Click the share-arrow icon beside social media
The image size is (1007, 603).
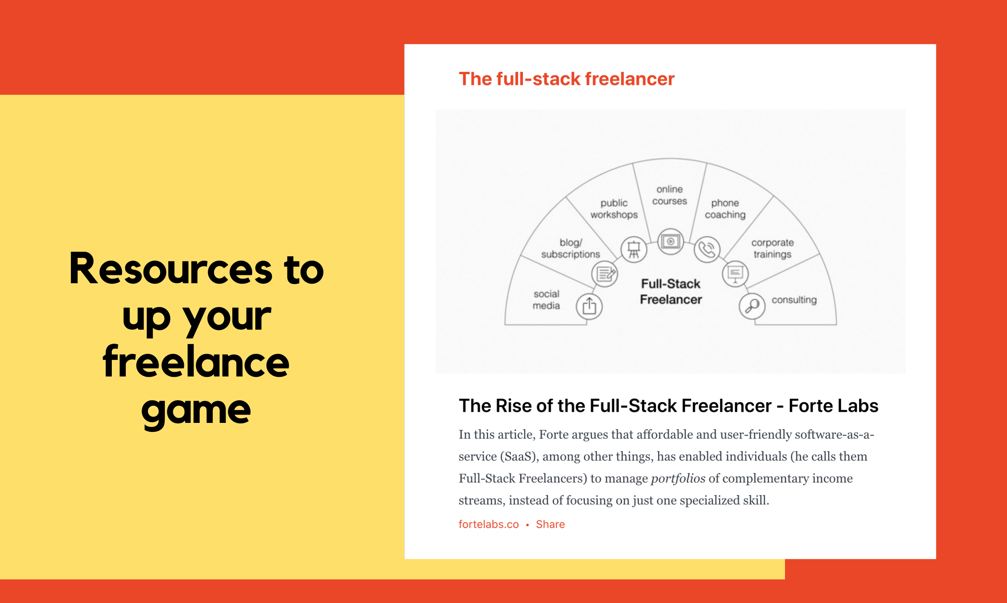coord(589,306)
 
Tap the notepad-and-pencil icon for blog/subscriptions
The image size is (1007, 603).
coord(605,274)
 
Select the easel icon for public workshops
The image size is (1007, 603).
coord(634,249)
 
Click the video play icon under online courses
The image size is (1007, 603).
coord(670,242)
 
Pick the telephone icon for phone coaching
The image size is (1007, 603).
coord(707,250)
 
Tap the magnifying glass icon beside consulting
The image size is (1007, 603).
coord(752,306)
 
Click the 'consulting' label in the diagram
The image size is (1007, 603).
coord(794,300)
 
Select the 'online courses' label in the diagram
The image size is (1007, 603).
coord(670,195)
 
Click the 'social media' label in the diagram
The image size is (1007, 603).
coord(546,300)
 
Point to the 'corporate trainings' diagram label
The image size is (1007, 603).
coord(772,248)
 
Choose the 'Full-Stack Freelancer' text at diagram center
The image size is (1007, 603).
coord(671,291)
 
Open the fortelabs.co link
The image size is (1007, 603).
coord(488,524)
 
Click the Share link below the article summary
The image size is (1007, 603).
coord(550,524)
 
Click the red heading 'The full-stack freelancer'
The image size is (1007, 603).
coord(567,79)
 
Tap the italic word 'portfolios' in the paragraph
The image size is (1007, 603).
coord(678,479)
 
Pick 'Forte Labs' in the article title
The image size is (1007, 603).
coord(833,405)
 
